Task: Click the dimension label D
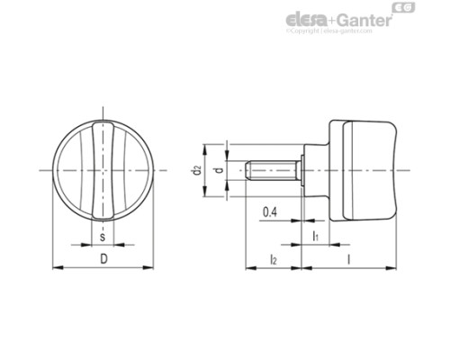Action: pyautogui.click(x=103, y=259)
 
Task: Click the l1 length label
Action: pyautogui.click(x=315, y=235)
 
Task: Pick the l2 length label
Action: pyautogui.click(x=273, y=259)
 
